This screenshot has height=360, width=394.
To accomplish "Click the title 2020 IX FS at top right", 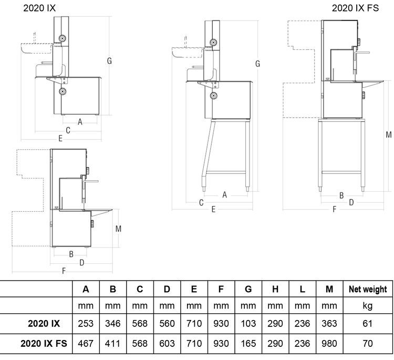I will (x=355, y=8).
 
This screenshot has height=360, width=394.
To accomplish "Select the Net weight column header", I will (x=368, y=289).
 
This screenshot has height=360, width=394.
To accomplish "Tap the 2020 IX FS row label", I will (x=44, y=344).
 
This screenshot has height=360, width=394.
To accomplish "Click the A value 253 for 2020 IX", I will (x=86, y=324).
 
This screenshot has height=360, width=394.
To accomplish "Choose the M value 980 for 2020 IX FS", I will (x=329, y=344).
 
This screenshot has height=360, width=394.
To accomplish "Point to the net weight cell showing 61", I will (x=368, y=324).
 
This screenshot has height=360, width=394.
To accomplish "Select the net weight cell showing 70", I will (x=368, y=344).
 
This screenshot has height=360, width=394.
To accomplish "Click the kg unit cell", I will (x=368, y=305).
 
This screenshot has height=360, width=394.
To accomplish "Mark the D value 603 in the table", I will (x=167, y=344).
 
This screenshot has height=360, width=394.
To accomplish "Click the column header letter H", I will (x=275, y=289).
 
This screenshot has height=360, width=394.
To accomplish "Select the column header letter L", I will (x=303, y=289).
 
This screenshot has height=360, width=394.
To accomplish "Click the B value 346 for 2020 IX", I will (x=112, y=324).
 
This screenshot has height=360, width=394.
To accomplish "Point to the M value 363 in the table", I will (x=329, y=324).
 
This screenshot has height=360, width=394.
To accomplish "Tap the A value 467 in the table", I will (x=86, y=344).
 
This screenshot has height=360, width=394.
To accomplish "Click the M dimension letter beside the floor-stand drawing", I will (x=388, y=134).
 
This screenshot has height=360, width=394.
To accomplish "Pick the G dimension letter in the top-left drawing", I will (x=109, y=61).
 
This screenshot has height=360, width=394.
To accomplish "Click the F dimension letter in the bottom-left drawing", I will (x=64, y=271).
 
